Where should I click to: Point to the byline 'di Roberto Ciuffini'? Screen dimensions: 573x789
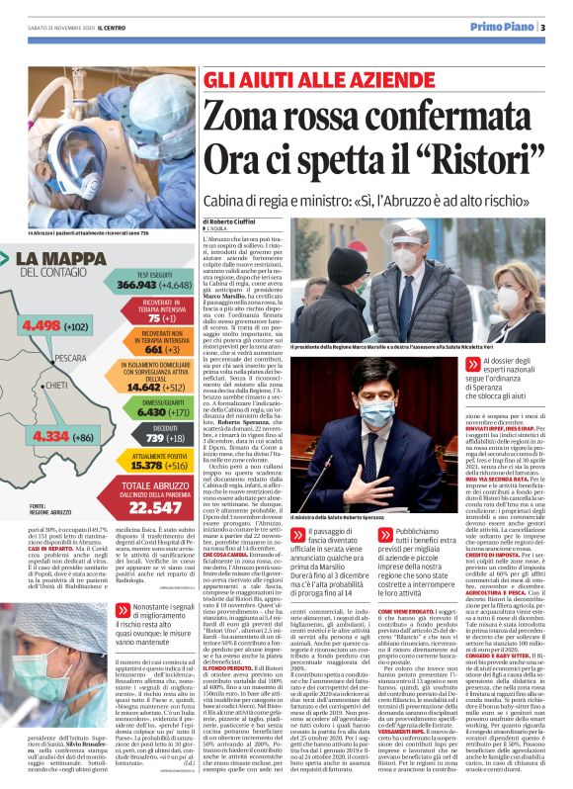[232, 222]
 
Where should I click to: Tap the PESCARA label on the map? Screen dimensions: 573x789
[70, 359]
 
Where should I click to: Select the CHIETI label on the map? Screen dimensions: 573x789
[55, 385]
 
